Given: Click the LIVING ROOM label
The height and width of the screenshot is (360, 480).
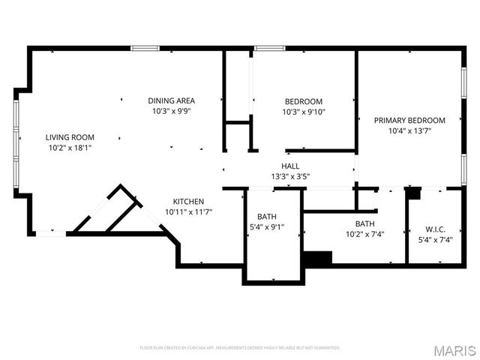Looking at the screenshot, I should (70, 136).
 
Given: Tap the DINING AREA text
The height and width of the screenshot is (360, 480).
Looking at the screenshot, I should (172, 100).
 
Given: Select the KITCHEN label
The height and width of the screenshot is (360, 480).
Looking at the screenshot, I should (188, 201).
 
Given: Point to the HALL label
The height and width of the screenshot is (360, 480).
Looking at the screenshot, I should (290, 166).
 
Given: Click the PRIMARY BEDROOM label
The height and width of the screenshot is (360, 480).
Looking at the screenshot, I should (409, 120).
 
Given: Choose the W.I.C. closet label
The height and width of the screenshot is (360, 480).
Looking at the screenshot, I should (434, 229).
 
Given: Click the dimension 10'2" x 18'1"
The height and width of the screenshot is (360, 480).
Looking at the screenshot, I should (70, 148).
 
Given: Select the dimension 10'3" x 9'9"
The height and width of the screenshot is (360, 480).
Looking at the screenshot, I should (172, 112).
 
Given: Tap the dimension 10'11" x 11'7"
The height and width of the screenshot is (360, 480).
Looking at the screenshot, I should (188, 211).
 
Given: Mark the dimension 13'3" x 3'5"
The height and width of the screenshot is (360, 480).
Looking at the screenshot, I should (290, 176).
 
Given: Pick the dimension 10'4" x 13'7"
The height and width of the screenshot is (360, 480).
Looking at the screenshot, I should (409, 130).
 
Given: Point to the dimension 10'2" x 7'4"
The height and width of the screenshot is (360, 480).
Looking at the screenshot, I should (365, 234).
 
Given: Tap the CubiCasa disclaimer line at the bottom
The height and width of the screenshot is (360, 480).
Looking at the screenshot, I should (240, 348).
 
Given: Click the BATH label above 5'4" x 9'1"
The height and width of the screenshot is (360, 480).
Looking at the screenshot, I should (266, 216).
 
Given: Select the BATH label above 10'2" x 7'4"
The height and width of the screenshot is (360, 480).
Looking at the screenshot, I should (365, 223).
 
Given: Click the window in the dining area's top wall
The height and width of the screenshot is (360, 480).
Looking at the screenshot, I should (144, 49).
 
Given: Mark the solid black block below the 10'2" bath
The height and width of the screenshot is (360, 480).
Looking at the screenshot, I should (317, 258).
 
